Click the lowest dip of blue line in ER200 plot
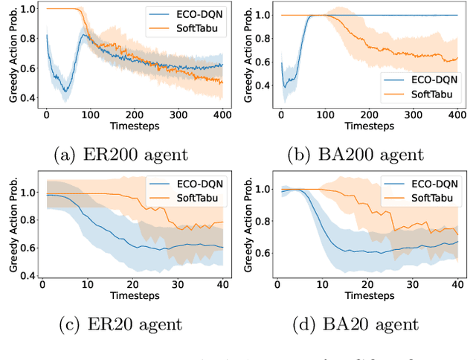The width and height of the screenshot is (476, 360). pos(66,91)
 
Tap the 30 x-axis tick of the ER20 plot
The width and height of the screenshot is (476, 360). pos(176,285)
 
